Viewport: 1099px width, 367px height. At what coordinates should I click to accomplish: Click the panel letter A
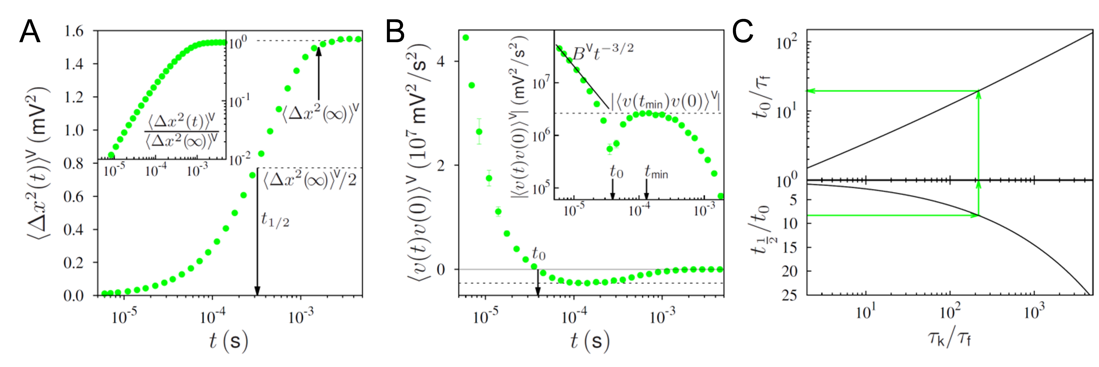30,32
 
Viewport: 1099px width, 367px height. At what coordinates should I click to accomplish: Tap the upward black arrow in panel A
318,73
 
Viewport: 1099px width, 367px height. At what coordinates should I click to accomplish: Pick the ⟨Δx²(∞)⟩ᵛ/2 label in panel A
309,179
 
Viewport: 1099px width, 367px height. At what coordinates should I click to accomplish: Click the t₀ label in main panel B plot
538,254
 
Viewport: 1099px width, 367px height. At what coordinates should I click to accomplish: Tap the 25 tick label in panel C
789,295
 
